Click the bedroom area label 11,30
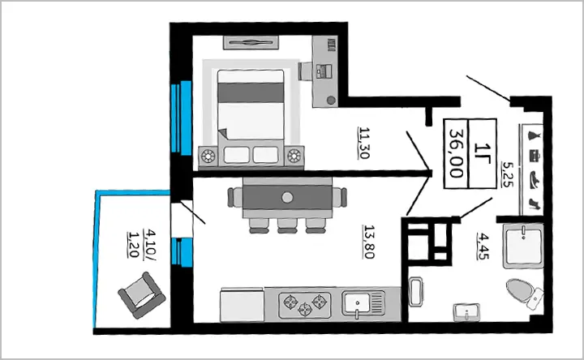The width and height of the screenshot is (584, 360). pos(364,143)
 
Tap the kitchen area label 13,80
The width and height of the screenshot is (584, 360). pos(369,242)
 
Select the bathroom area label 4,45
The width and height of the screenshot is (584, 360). pos(483,246)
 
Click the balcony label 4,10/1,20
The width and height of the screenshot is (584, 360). pos(141,244)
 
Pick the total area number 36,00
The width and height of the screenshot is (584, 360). pos(456,153)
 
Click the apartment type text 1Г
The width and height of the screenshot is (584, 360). pos(483,153)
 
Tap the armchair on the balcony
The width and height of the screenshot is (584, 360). pos(142,295)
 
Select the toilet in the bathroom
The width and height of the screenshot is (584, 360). pos(525,293)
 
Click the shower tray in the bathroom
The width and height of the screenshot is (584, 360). pos(523,246)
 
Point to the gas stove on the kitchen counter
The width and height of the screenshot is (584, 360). pos(305,304)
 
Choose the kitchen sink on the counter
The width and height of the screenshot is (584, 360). pos(363,303)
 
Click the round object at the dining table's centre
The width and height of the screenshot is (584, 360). pos(287,197)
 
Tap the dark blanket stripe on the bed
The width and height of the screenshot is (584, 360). pos(251,92)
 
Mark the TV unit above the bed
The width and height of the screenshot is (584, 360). pos(251,42)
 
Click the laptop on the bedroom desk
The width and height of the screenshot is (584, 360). pos(324,71)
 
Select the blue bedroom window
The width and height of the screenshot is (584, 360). pos(182,117)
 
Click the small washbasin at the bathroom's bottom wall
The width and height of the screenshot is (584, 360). pos(466,311)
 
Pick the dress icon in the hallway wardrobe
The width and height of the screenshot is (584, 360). pos(535,135)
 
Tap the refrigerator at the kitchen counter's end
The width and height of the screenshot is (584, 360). pos(242,306)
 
